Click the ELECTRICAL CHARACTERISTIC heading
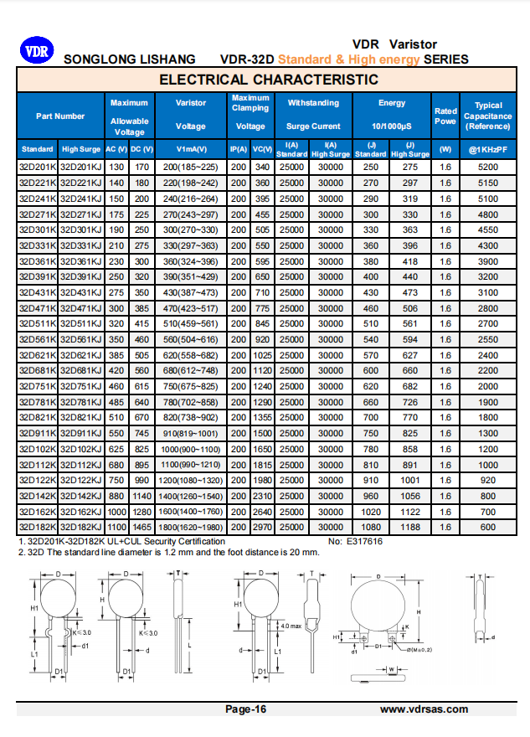click(268, 80)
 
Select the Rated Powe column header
click(445, 116)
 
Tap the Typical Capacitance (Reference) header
click(488, 116)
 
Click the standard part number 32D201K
click(38, 167)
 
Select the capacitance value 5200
click(488, 167)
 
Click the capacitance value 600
click(488, 527)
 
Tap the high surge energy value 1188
click(410, 527)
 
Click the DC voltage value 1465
click(142, 527)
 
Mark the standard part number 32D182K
click(38, 527)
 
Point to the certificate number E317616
click(366, 541)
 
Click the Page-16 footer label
click(246, 709)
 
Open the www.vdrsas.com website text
click(424, 709)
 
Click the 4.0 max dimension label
click(290, 626)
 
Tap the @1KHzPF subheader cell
click(488, 149)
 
